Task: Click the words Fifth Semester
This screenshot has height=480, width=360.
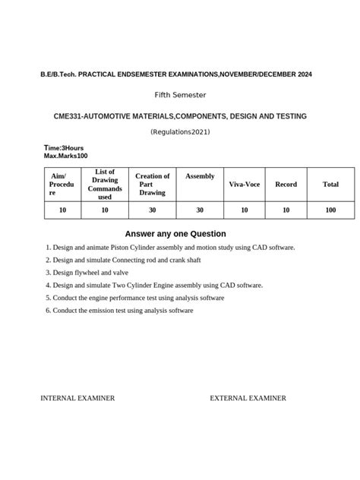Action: pos(180,95)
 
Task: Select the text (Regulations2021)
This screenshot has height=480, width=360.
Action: pos(180,132)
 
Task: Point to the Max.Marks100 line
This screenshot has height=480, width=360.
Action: pos(66,156)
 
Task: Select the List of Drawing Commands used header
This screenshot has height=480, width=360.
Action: pos(105,185)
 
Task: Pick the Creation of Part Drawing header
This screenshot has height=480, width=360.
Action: pos(152,185)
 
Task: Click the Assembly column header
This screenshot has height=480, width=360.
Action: pos(200,176)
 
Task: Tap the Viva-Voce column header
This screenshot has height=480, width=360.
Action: pos(244,185)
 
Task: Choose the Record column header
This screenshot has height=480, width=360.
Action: pos(286,185)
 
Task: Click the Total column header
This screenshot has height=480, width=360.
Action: pos(330,185)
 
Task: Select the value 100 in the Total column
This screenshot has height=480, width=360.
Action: pos(330,210)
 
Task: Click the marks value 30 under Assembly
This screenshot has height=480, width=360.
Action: pos(200,210)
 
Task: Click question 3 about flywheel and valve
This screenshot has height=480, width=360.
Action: pos(93,272)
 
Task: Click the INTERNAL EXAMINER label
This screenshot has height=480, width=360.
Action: pos(77,398)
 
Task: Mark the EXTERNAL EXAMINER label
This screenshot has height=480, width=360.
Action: pos(248,398)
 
